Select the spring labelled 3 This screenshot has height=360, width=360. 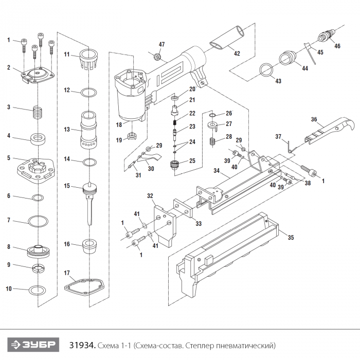37,111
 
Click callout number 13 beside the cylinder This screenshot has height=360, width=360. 66,130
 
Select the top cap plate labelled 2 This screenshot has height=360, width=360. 37,76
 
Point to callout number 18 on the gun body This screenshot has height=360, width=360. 119,124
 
